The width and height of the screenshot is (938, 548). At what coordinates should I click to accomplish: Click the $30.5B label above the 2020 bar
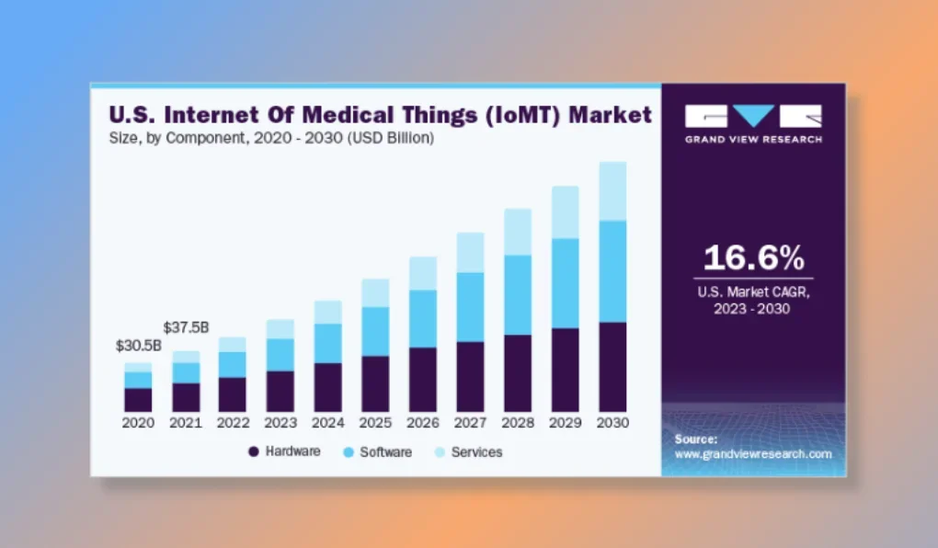(x=139, y=346)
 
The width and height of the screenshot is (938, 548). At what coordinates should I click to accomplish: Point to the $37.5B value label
(x=186, y=327)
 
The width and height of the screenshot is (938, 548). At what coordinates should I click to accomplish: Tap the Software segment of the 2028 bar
(x=518, y=294)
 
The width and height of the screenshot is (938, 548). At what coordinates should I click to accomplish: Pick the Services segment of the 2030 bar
(x=612, y=191)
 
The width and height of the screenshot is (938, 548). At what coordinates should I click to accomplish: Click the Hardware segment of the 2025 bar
(x=375, y=383)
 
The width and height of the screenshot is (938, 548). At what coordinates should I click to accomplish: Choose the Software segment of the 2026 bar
(x=423, y=318)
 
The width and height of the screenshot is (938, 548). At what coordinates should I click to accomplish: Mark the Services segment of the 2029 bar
(x=566, y=211)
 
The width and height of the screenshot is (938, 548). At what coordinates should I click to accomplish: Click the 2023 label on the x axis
(x=280, y=423)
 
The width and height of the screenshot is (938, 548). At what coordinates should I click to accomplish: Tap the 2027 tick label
(x=471, y=423)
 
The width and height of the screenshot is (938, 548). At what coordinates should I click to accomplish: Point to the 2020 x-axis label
(x=138, y=423)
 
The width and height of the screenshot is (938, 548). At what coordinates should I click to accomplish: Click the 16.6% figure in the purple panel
(x=753, y=257)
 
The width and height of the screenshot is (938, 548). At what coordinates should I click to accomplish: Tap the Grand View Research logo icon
(x=753, y=116)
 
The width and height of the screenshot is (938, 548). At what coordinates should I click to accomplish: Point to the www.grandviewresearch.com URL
(x=753, y=454)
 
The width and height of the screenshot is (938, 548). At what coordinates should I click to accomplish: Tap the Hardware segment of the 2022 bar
(x=233, y=394)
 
